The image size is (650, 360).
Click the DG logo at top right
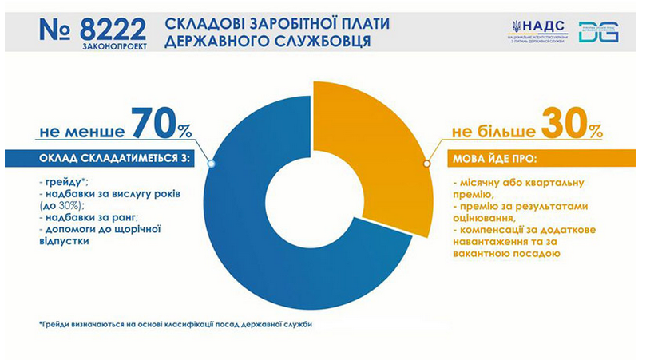pos(598,32)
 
